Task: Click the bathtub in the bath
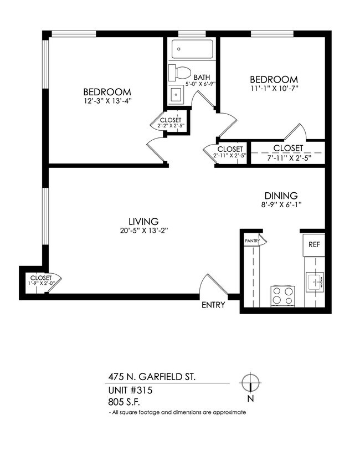point(189,49)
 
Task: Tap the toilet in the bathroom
point(181,72)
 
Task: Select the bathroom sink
point(177,94)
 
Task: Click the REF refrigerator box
point(313,244)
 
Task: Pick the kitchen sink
point(314,283)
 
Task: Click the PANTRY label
point(253,241)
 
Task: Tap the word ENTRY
point(213,305)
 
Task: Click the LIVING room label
point(143,221)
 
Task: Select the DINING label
point(281,196)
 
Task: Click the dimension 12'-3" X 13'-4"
point(107,101)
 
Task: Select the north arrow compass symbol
point(251,383)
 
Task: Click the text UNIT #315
point(131,391)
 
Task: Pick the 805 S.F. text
point(125,402)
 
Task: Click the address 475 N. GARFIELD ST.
point(151,377)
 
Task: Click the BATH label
point(201,78)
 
